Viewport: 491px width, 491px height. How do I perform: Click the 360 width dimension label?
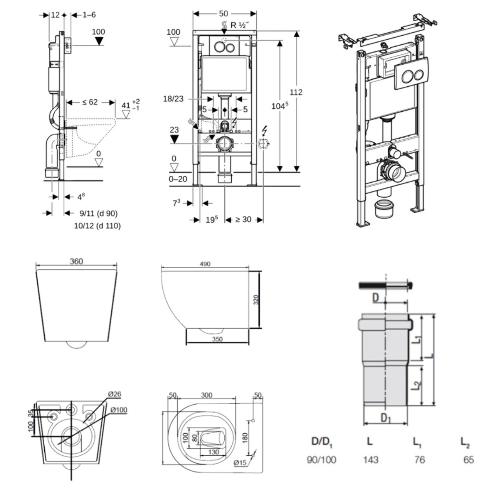click(x=76, y=261)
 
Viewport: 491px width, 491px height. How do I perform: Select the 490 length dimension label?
click(x=205, y=264)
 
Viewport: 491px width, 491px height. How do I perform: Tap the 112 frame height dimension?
click(x=296, y=92)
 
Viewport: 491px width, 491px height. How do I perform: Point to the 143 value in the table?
click(x=370, y=459)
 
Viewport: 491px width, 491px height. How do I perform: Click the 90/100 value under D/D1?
click(x=322, y=459)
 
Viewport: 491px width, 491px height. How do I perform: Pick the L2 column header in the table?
click(x=465, y=442)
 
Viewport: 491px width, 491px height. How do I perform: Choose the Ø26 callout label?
click(x=115, y=394)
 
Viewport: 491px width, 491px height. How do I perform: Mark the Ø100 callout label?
click(x=118, y=410)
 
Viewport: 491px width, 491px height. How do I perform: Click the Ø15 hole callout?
click(x=240, y=463)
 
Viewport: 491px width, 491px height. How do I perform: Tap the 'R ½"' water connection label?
click(x=238, y=25)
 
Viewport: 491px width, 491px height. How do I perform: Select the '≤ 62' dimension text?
click(x=90, y=102)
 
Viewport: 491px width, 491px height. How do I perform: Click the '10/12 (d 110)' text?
click(x=98, y=226)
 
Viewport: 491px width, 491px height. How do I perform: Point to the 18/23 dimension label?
click(x=173, y=99)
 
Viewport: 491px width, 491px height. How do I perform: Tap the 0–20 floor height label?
click(x=178, y=179)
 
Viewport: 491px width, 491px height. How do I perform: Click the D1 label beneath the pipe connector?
click(x=386, y=418)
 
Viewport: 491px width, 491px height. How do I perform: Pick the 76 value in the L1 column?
click(x=419, y=459)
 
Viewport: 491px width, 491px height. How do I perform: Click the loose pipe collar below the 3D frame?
click(x=384, y=209)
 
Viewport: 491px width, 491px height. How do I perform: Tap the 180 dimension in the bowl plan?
click(x=245, y=436)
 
